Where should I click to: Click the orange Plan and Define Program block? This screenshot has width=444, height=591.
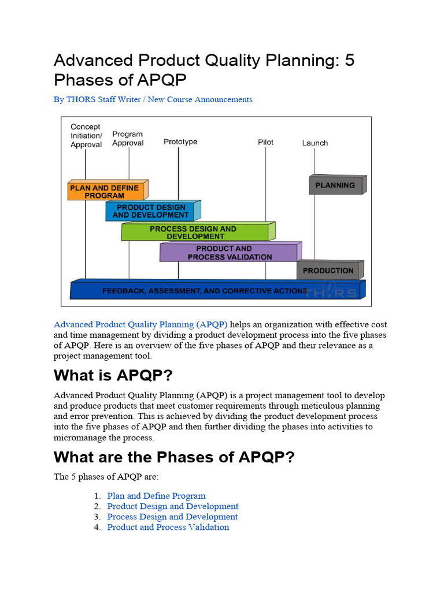(105, 192)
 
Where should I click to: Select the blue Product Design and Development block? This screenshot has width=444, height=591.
(150, 211)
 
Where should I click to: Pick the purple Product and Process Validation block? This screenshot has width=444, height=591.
(229, 253)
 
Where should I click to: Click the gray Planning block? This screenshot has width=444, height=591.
(335, 185)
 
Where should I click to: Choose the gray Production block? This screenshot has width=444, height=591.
(328, 270)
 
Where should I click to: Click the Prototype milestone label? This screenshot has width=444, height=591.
(180, 142)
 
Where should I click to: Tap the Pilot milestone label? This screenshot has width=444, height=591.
(266, 142)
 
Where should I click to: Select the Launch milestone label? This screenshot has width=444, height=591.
(315, 143)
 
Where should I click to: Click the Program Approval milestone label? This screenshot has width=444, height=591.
(128, 139)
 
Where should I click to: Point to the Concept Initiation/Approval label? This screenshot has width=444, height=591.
(86, 136)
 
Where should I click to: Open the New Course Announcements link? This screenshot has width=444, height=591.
(200, 99)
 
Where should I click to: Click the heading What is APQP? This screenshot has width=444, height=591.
(113, 375)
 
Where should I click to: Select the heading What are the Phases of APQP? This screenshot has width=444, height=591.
(174, 457)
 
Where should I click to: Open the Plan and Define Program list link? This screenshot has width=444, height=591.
(156, 496)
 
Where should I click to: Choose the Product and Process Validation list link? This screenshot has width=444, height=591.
(168, 527)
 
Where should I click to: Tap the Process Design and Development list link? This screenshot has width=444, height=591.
(172, 517)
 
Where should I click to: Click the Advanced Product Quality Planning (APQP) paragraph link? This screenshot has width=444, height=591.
(140, 324)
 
